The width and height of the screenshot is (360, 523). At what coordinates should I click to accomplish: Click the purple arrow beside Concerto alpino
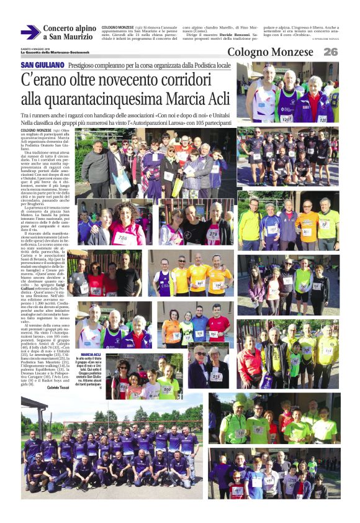pyautogui.click(x=30, y=32)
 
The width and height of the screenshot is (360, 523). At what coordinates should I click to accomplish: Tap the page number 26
pyautogui.click(x=331, y=52)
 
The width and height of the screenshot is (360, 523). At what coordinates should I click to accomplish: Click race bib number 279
pyautogui.click(x=213, y=234)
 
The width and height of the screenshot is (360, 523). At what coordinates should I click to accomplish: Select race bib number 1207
pyautogui.click(x=287, y=118)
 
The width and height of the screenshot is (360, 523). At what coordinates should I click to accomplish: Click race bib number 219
pyautogui.click(x=216, y=376)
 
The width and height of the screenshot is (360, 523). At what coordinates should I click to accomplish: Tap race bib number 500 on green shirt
pyautogui.click(x=166, y=389)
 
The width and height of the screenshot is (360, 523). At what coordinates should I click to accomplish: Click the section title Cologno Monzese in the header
pyautogui.click(x=270, y=52)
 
